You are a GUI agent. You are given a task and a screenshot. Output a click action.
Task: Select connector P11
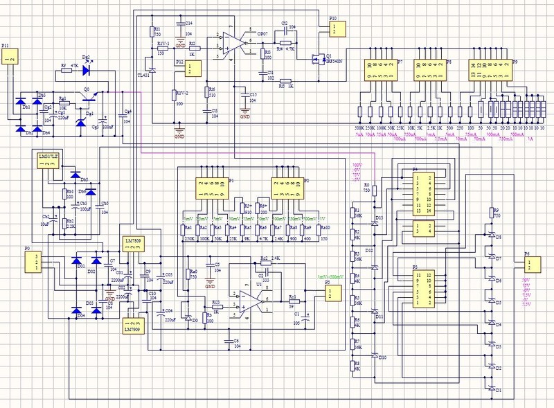[10, 60]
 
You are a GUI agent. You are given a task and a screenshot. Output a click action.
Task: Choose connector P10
[333, 29]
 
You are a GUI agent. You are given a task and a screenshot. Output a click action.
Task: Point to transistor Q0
[90, 99]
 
